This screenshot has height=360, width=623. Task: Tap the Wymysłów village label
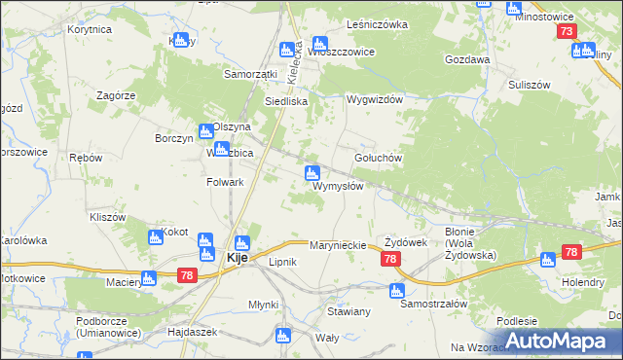(x=338, y=186)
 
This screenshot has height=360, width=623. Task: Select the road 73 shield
(x=568, y=31)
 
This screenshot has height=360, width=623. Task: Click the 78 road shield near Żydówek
(x=390, y=259)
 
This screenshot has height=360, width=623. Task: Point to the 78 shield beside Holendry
(x=570, y=253)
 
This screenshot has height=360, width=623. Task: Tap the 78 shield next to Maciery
(x=188, y=277)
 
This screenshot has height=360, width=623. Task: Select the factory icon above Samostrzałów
(x=396, y=290)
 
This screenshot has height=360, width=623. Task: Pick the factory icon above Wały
(x=282, y=336)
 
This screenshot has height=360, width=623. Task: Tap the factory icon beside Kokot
(x=154, y=237)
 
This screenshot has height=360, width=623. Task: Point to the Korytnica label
(x=90, y=30)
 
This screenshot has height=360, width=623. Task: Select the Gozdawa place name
(x=466, y=59)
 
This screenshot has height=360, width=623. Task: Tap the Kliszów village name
(x=107, y=217)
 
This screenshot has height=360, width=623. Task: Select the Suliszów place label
(x=531, y=85)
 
